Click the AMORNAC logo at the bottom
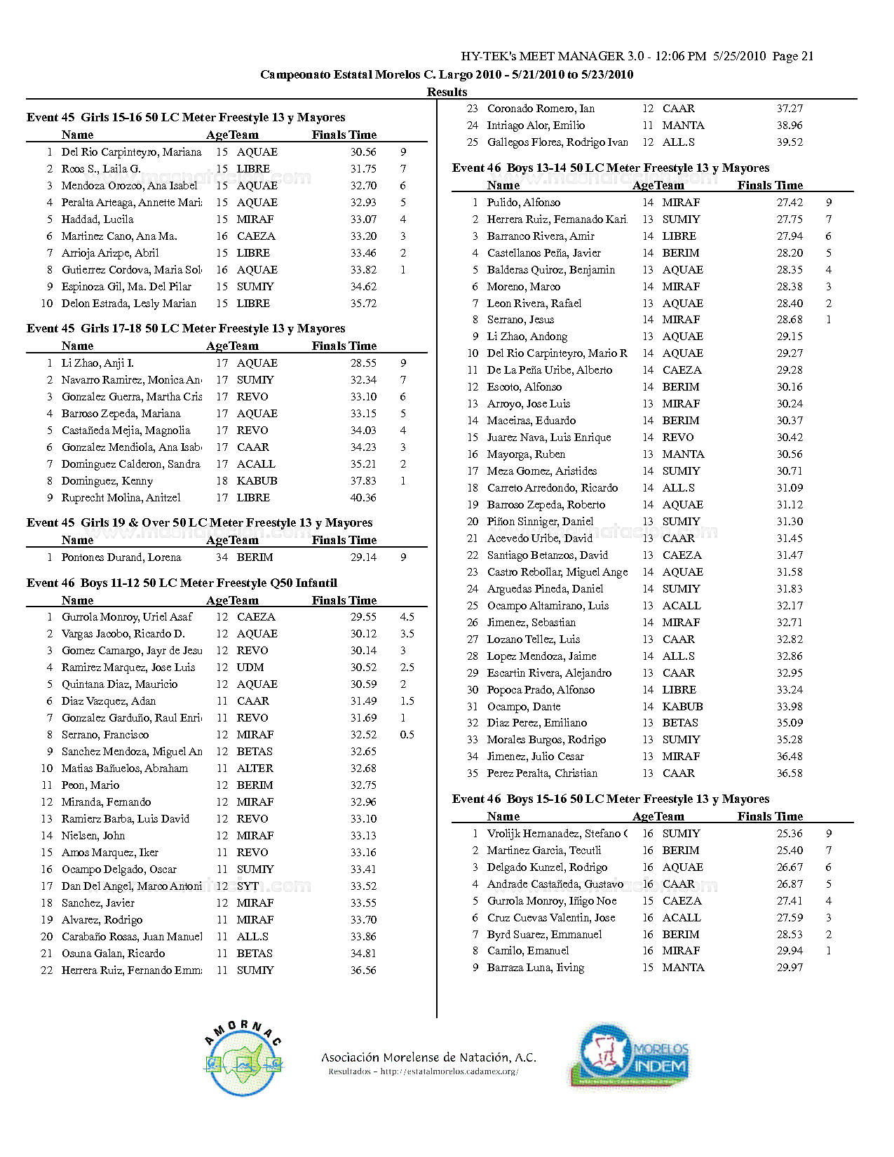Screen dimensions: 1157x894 243,1059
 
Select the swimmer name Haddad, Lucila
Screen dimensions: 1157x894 97,219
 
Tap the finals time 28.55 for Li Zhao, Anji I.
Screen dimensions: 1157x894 363,363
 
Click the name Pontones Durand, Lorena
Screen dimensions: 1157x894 121,557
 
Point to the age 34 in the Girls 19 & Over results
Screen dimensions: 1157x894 222,557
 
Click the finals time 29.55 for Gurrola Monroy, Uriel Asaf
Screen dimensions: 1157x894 363,617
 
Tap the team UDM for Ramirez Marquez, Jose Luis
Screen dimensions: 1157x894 250,668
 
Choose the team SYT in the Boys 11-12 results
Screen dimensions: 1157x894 248,886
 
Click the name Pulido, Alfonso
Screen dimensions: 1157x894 524,203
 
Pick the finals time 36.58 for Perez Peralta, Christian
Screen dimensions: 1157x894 790,773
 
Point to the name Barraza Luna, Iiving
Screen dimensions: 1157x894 536,968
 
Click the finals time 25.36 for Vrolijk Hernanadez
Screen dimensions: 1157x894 790,834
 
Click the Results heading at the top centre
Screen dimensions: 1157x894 447,92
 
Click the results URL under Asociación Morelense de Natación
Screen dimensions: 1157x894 424,1071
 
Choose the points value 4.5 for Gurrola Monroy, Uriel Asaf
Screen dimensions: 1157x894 407,617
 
